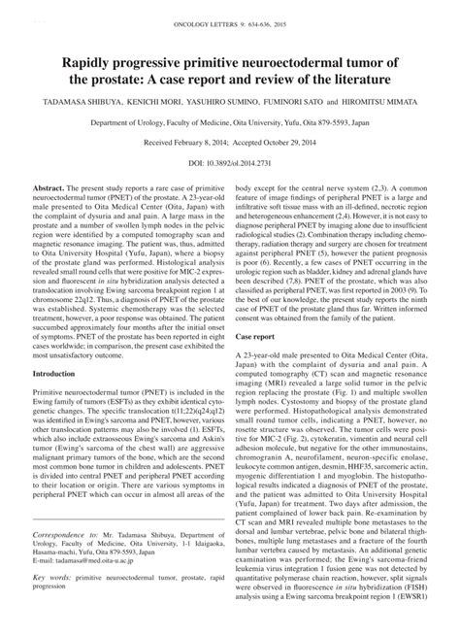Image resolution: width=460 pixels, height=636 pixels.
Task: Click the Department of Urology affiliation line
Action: tap(230, 123)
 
